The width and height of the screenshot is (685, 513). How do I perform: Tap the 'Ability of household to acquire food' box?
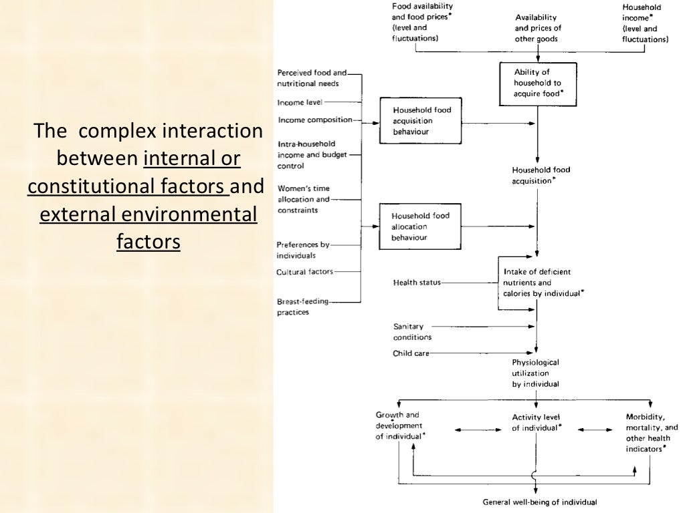537,83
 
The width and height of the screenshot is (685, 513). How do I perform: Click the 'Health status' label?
417,283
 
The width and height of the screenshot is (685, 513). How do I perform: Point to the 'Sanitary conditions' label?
413,332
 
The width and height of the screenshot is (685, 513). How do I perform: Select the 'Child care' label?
411,353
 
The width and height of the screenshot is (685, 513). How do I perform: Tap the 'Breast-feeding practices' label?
303,307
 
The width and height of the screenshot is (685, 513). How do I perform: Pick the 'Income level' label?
300,102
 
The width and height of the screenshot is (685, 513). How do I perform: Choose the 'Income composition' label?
314,120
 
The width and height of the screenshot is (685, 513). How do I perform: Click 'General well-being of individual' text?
540,502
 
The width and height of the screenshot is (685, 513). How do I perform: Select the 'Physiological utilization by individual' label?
536,373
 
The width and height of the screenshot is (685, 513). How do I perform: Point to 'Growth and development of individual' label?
400,425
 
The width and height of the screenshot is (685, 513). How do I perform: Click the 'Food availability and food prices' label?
423,23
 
